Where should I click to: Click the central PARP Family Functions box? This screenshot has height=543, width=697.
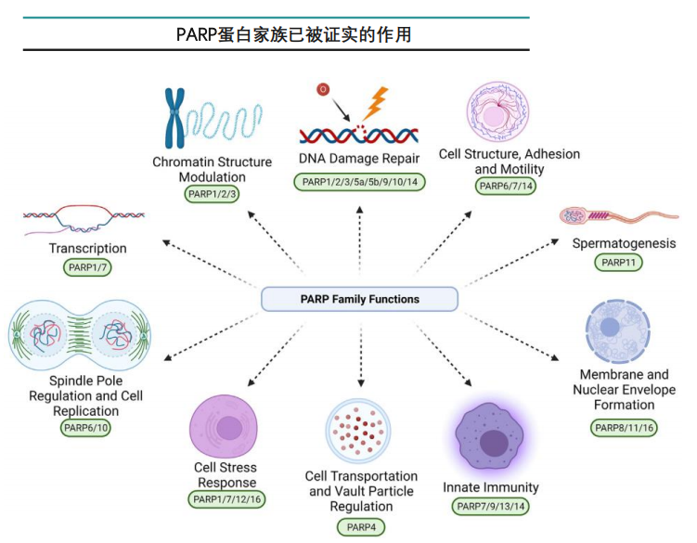tap(359, 299)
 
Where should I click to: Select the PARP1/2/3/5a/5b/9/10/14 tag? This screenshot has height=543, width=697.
tap(359, 182)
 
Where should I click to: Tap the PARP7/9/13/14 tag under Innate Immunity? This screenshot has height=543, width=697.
tap(490, 507)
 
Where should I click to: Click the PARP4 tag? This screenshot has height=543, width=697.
tap(360, 528)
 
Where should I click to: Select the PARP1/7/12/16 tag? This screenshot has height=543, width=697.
tap(226, 500)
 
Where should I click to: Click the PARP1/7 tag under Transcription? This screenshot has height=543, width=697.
tap(87, 267)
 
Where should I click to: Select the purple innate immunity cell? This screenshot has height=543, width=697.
tap(492, 437)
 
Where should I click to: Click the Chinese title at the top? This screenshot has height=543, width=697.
tap(295, 34)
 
